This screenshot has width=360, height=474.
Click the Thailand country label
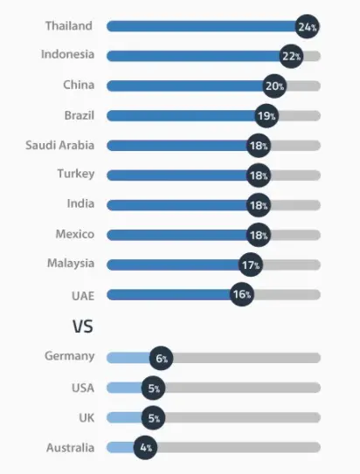click(x=69, y=26)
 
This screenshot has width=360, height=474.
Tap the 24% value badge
click(x=307, y=27)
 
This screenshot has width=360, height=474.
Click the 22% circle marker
click(x=291, y=57)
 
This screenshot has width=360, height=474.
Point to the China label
click(x=79, y=86)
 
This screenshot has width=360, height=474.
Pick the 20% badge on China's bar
click(x=275, y=86)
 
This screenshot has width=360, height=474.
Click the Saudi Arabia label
click(x=59, y=145)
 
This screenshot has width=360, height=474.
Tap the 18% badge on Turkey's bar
click(x=258, y=175)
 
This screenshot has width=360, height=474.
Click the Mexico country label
click(x=74, y=234)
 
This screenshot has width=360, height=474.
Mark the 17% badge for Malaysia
click(x=251, y=264)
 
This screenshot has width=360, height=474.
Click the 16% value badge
click(x=242, y=294)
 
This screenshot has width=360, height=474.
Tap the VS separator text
click(x=82, y=326)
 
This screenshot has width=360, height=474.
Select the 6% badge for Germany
click(x=162, y=358)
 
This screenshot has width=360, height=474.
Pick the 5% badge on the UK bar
click(x=154, y=418)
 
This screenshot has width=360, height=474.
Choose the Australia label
click(x=70, y=447)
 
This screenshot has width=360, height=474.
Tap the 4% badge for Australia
click(x=145, y=448)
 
